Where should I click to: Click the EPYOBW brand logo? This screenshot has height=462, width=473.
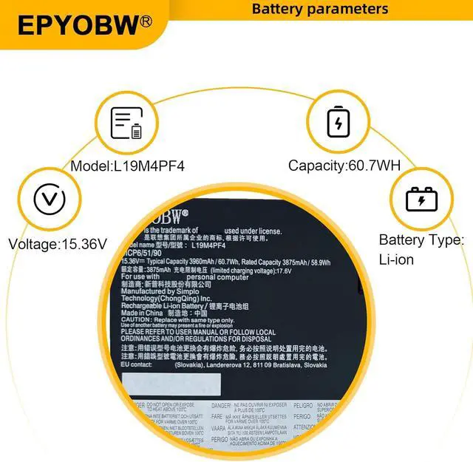pyautogui.click(x=77, y=24)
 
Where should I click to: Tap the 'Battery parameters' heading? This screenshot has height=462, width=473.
pyautogui.click(x=319, y=9)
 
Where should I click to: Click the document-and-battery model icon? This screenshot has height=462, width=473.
pyautogui.click(x=126, y=123)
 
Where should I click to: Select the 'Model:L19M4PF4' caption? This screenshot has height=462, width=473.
pyautogui.click(x=128, y=166)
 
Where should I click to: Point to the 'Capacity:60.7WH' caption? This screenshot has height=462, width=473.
pyautogui.click(x=344, y=166)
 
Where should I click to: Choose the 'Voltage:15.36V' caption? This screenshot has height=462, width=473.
pyautogui.click(x=58, y=243)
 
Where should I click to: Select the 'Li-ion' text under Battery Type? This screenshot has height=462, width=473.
pyautogui.click(x=396, y=259)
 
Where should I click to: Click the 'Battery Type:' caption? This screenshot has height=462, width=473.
pyautogui.click(x=421, y=240)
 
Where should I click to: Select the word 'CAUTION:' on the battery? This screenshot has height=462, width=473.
pyautogui.click(x=136, y=319)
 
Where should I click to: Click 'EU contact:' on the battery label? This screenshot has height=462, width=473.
pyautogui.click(x=137, y=364)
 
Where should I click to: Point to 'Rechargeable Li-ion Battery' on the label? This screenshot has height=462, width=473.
pyautogui.click(x=166, y=305)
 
